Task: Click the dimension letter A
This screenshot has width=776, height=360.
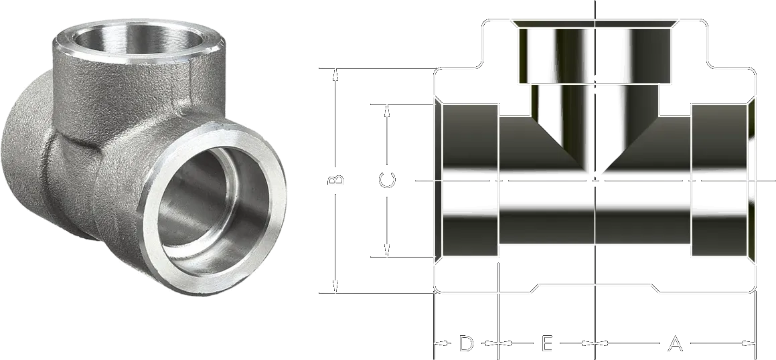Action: point(675,343)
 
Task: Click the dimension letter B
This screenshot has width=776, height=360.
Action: point(335,180)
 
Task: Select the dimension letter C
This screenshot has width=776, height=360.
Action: point(387,181)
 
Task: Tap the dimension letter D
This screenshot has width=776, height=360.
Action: point(466,343)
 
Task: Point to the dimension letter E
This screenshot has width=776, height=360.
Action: point(547,343)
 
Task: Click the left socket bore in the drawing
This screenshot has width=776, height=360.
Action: point(470,181)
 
